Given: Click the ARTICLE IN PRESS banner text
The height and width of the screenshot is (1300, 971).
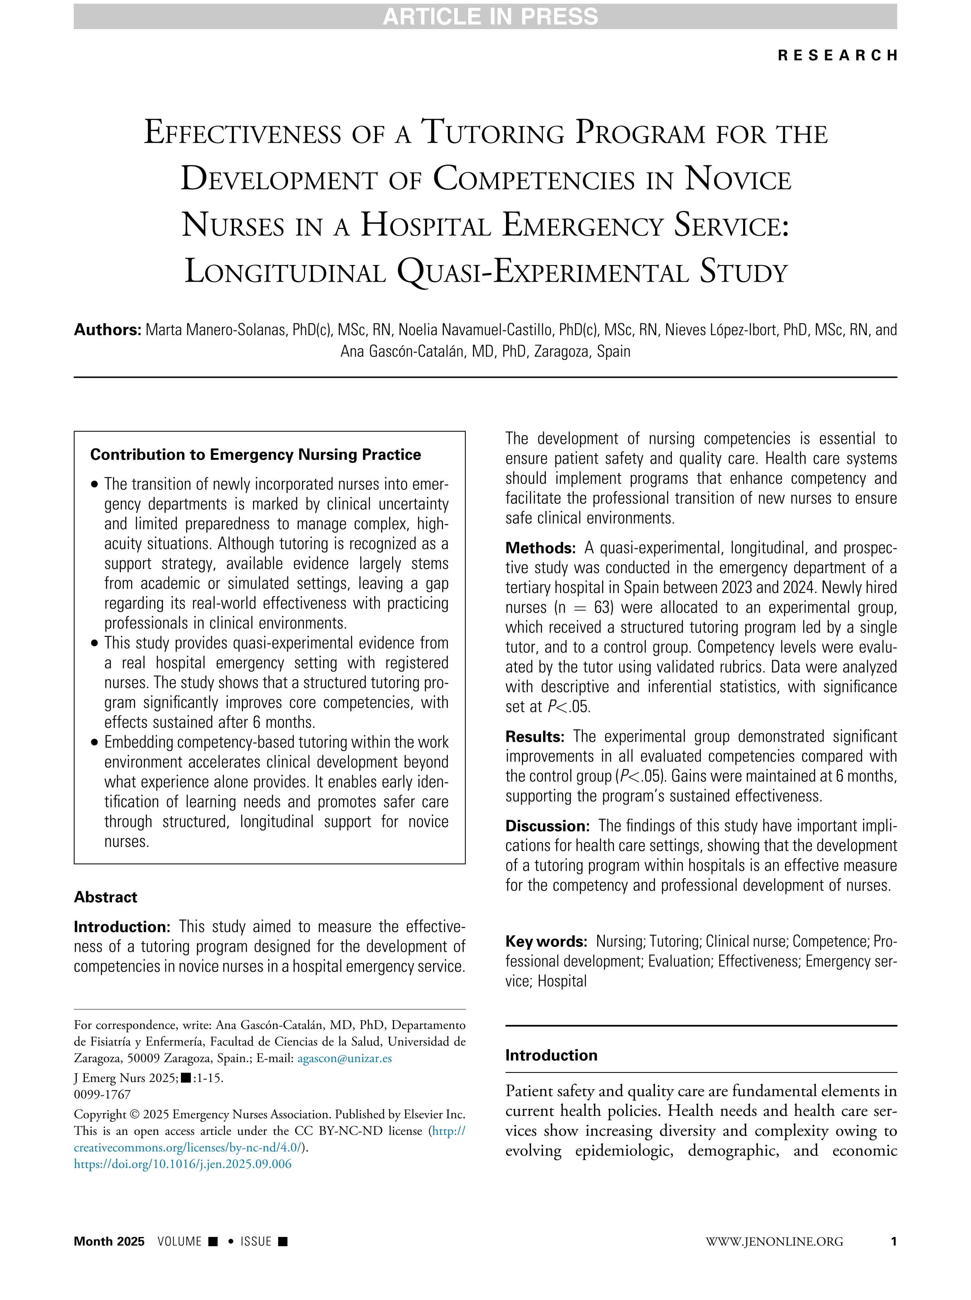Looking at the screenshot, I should (490, 16).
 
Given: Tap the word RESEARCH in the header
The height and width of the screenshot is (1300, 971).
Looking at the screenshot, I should (837, 55).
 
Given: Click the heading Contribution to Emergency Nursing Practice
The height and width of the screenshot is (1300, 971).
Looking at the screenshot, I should (255, 454).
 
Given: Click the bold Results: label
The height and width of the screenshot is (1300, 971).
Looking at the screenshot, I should (535, 736).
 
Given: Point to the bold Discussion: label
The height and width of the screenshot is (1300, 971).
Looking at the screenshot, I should (547, 826).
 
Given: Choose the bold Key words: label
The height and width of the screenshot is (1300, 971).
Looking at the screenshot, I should (546, 941).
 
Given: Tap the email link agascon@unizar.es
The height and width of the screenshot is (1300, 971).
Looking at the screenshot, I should (344, 1058).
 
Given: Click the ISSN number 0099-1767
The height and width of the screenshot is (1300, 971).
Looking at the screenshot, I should (102, 1094).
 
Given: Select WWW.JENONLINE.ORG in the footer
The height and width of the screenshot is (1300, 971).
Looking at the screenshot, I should (774, 1241).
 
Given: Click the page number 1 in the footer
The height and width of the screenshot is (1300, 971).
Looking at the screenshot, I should (893, 1241).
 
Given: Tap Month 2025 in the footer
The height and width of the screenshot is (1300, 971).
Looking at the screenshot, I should (109, 1241).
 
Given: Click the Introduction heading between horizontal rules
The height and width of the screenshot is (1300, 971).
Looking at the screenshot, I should (551, 1055).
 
